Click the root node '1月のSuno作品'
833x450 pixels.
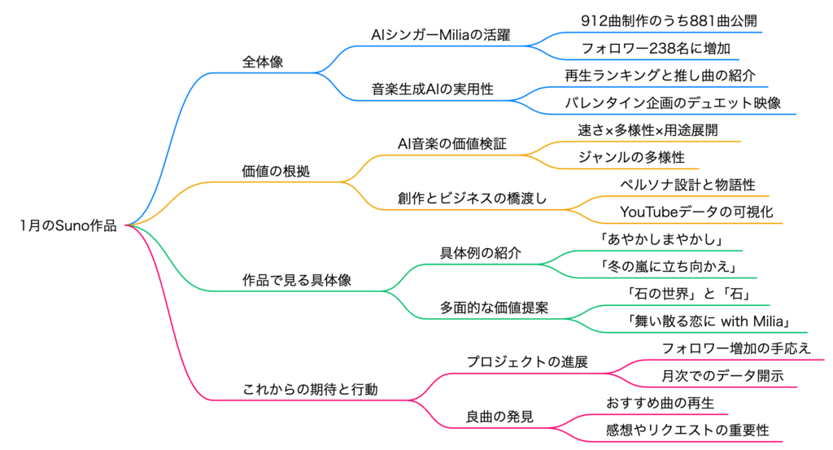point(68,226)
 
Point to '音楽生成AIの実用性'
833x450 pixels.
point(433,89)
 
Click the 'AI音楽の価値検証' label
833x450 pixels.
point(451,144)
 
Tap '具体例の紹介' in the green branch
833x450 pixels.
point(481,253)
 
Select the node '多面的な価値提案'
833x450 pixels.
point(494,308)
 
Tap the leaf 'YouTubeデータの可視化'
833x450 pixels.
point(696,212)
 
